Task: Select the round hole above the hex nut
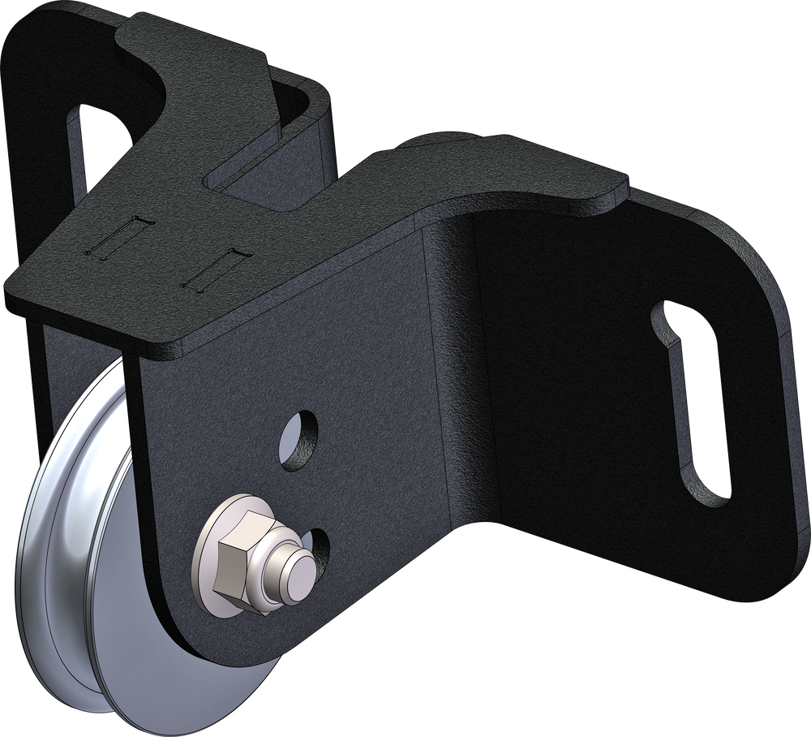click(x=299, y=440)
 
